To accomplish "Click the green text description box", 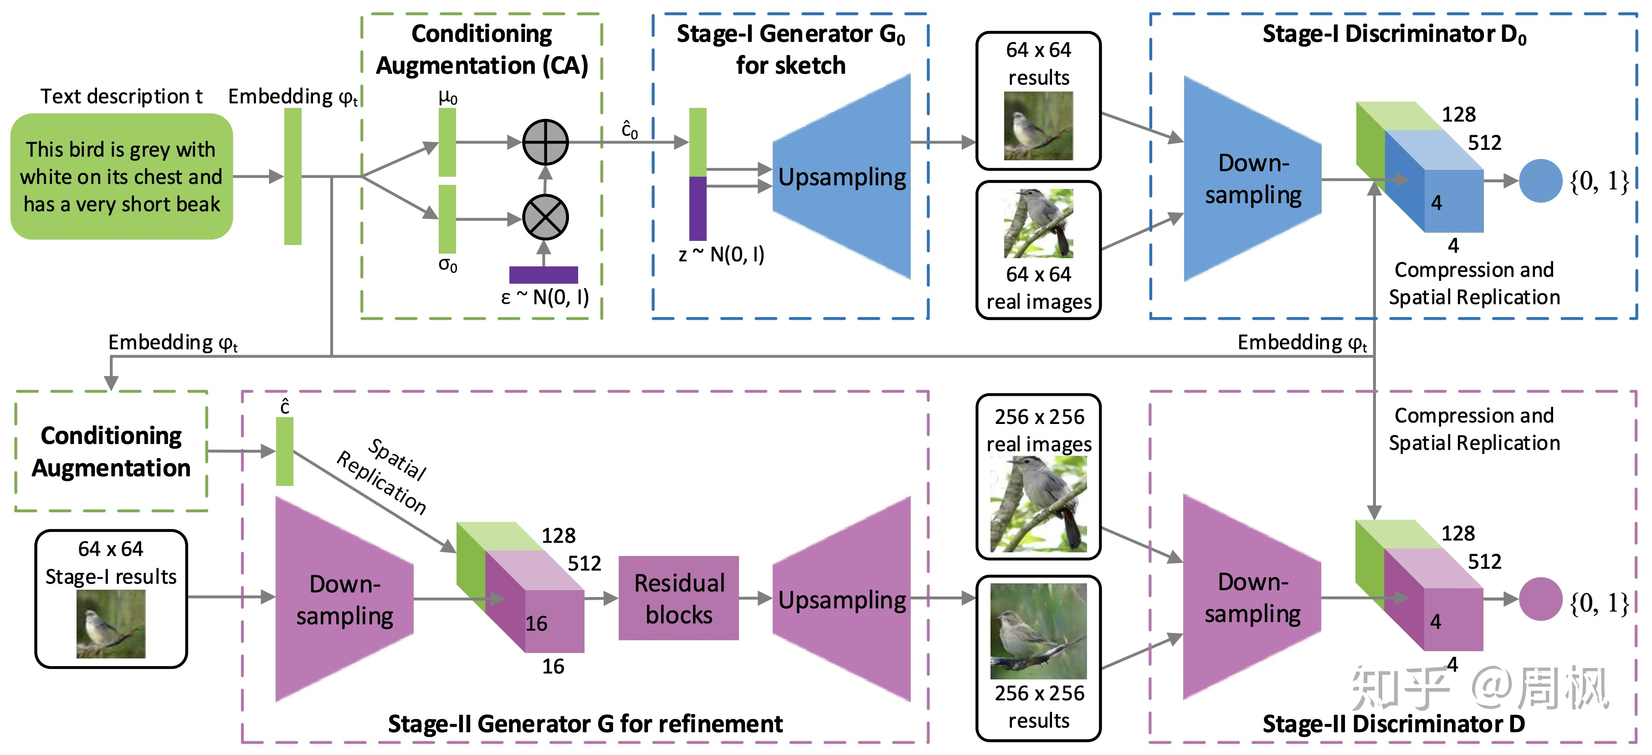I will pos(121,176).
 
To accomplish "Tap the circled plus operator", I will pos(545,142).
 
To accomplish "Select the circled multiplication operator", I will pos(545,218).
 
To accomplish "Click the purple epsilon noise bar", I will pos(543,274).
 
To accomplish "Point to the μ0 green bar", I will pos(447,142).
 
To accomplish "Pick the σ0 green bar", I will pos(447,219).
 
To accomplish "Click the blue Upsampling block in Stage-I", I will pos(841,177).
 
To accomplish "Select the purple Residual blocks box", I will pos(678,598).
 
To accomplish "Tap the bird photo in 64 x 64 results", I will pos(1038,126).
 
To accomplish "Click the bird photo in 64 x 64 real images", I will pos(1038,223).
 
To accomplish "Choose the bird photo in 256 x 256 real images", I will pos(1038,504).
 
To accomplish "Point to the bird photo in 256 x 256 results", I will pos(1038,631).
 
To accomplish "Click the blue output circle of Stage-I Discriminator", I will pos(1540,181).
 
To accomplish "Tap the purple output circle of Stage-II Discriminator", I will pos(1540,599).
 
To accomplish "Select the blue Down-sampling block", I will pos(1252,179).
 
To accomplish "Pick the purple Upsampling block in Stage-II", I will pos(841,599).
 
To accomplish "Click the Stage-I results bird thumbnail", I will pos(111,623).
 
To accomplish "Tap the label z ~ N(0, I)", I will pos(721,255).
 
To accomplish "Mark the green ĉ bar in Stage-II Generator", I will pos(284,451).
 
